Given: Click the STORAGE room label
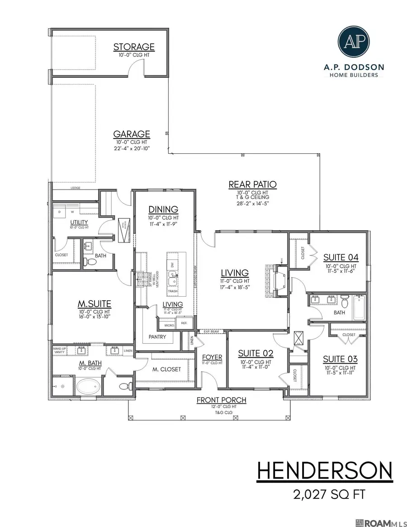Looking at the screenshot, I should (134, 47).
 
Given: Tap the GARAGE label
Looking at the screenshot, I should (132, 134).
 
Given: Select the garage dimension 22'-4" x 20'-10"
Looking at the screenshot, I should (132, 148).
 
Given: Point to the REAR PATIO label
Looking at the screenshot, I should (252, 184).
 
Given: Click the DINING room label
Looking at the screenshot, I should (164, 209).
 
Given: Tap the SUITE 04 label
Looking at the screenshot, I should (341, 257).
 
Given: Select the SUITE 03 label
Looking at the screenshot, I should (340, 359).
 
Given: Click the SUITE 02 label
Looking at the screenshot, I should (256, 353).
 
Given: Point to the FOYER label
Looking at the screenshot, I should (212, 357).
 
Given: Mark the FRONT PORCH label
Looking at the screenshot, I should (221, 400).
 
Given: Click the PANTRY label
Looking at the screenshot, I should (157, 337).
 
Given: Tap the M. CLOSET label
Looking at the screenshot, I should (166, 369).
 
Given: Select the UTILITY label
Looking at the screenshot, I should (79, 222).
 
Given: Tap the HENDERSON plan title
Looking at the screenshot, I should (324, 471).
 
